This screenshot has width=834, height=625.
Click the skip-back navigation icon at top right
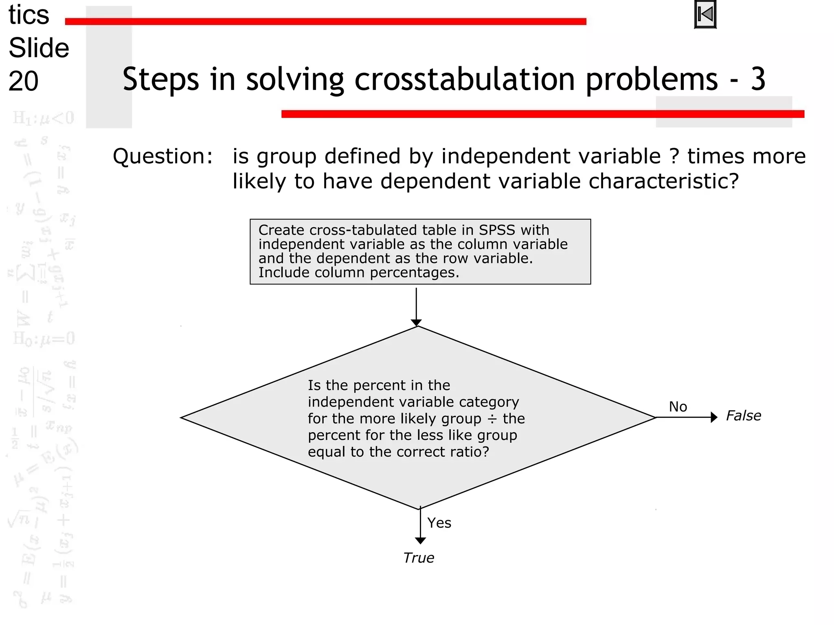click(705, 15)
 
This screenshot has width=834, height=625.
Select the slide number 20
click(24, 81)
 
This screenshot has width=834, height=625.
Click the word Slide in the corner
click(39, 48)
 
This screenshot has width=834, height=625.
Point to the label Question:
click(163, 156)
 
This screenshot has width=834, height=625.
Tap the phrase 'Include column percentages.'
click(358, 273)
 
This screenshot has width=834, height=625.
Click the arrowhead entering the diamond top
click(416, 323)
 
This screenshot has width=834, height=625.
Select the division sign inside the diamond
click(492, 419)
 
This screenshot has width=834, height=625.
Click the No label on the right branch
click(678, 406)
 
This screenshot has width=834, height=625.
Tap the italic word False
click(744, 416)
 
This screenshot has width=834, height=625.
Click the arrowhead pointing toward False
click(714, 417)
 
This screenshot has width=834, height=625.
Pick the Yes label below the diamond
click(439, 523)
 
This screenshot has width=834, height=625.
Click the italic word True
click(419, 558)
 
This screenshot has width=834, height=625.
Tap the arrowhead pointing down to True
click(420, 540)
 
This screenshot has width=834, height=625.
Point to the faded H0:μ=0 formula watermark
click(44, 339)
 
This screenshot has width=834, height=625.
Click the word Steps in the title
click(161, 79)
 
